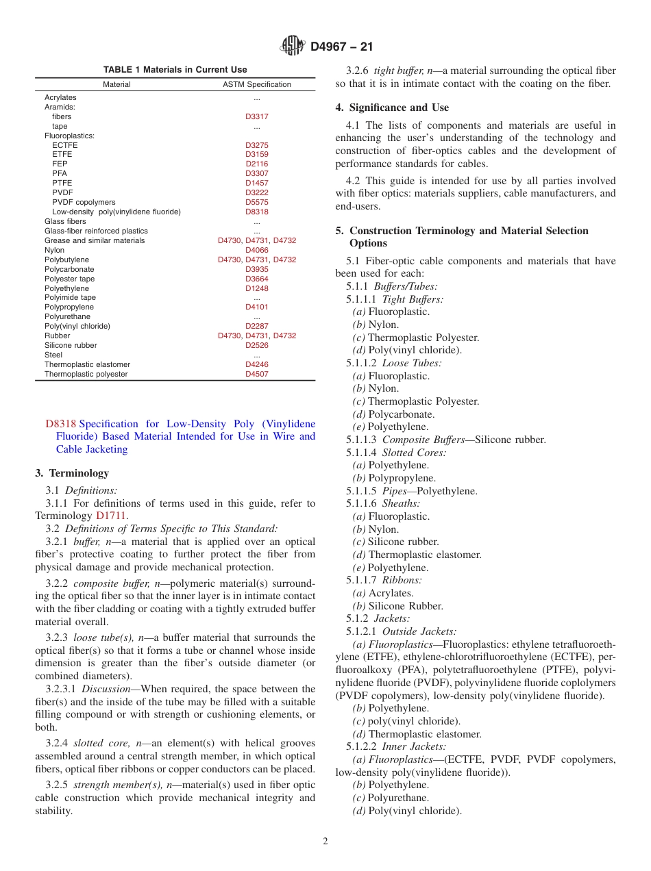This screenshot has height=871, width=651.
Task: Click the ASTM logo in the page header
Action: [293, 47]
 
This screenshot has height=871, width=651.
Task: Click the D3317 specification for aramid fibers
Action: [257, 116]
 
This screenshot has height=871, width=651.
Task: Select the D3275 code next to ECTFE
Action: [257, 145]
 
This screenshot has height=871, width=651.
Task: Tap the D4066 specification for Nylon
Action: [257, 250]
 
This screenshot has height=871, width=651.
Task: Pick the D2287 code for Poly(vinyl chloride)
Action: [257, 326]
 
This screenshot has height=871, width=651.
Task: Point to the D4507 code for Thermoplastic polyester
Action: [257, 374]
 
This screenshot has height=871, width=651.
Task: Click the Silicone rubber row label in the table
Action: [71, 345]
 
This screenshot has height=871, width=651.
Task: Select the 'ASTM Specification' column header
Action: [257, 84]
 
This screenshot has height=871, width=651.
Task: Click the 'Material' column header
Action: [116, 84]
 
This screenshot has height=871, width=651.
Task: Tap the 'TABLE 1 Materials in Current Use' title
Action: [175, 69]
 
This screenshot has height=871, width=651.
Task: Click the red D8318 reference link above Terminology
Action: [60, 424]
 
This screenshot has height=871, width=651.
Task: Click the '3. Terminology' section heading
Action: [72, 473]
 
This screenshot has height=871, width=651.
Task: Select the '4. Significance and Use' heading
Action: [392, 108]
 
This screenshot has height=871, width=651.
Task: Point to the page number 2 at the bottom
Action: [325, 842]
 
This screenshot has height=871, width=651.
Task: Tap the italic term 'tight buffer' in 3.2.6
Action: [400, 71]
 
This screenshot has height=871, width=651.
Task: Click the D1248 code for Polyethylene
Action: [257, 288]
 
